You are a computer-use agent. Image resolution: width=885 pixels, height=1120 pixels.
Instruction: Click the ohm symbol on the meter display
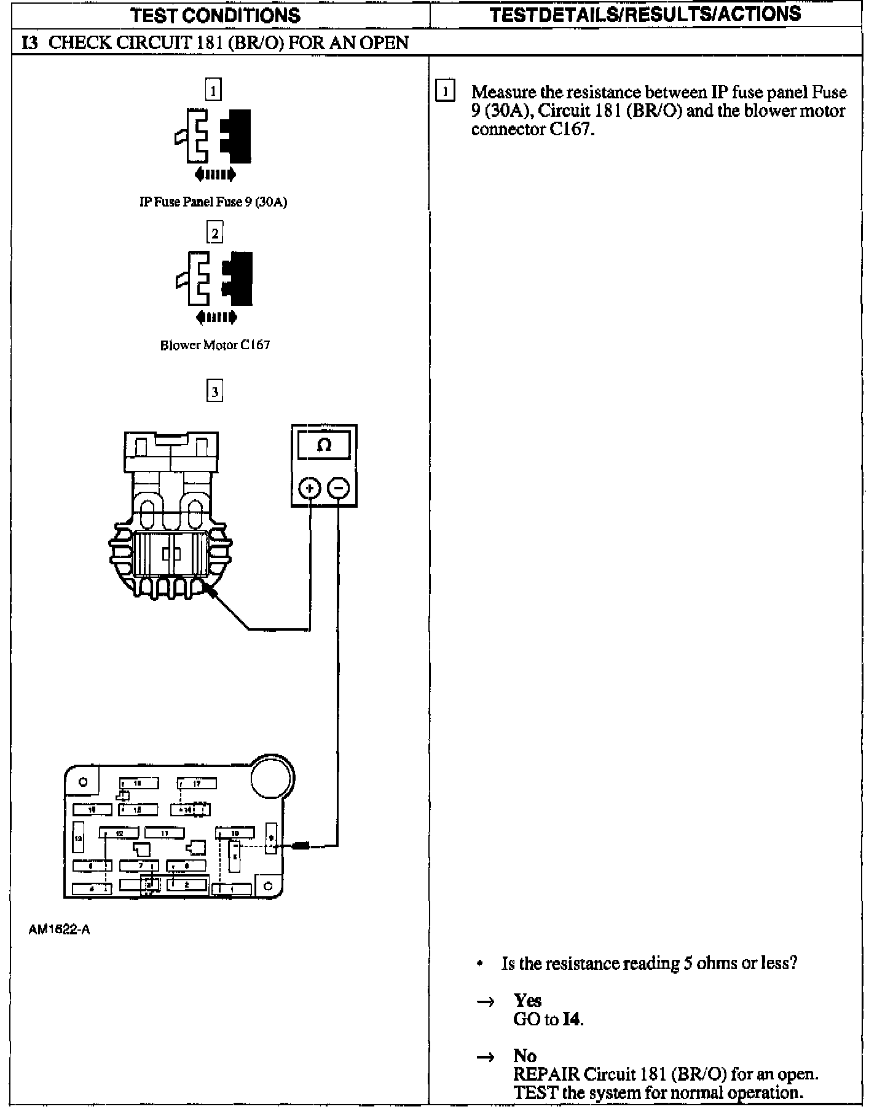click(324, 444)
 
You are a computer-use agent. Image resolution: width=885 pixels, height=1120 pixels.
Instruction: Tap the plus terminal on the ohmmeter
click(310, 489)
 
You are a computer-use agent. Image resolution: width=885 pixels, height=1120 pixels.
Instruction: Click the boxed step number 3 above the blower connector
click(214, 392)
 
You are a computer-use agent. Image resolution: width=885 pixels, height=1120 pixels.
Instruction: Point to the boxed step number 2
click(214, 233)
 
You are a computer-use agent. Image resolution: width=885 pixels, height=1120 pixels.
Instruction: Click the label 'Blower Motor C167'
click(215, 345)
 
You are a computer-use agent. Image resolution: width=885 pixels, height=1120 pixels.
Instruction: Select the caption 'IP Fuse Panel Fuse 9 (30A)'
click(213, 202)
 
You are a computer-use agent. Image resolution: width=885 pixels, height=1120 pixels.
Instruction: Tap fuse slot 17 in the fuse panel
click(197, 783)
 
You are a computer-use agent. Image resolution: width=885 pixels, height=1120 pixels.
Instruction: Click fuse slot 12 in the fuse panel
click(119, 834)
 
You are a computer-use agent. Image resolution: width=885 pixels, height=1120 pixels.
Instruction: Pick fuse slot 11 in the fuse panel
click(164, 834)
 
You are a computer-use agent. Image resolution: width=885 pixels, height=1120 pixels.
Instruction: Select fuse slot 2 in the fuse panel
click(187, 885)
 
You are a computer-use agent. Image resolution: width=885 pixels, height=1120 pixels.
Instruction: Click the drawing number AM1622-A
click(59, 929)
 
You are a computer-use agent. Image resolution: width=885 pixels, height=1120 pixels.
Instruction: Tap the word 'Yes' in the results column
click(527, 1000)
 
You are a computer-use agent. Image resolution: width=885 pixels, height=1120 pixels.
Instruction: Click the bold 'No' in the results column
click(525, 1055)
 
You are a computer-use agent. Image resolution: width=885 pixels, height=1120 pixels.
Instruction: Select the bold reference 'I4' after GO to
click(572, 1019)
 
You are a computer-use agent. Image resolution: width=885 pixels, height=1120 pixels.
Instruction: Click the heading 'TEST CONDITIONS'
click(216, 15)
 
